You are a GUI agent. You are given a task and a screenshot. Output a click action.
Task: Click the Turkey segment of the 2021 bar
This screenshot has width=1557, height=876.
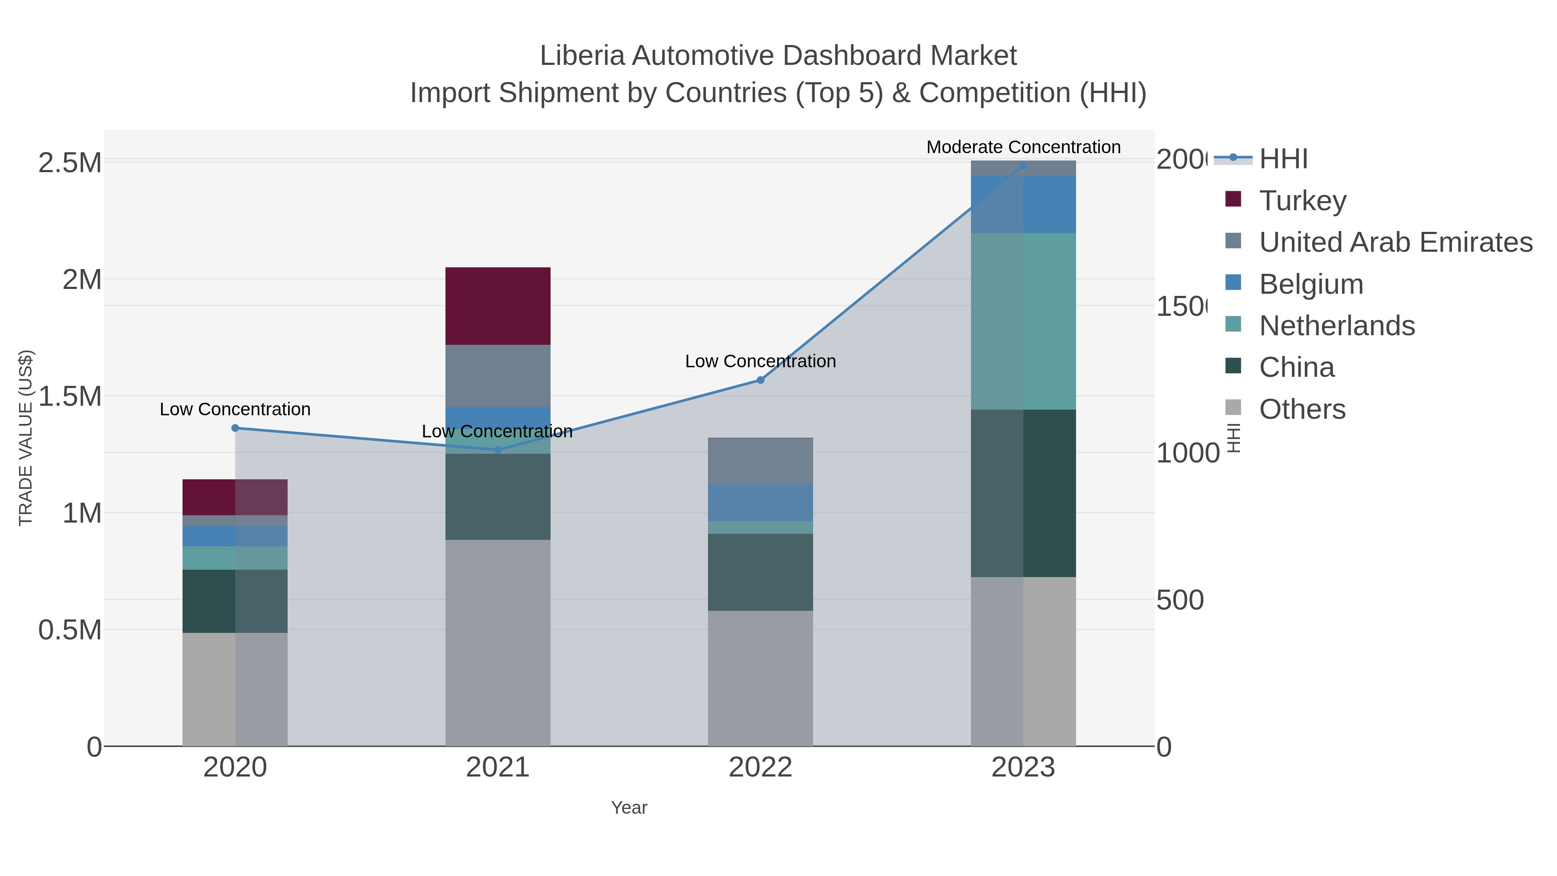click(x=497, y=306)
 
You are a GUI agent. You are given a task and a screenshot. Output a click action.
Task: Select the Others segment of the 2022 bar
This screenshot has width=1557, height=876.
click(x=760, y=678)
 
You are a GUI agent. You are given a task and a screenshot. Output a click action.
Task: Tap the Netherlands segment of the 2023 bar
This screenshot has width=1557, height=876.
click(x=1023, y=321)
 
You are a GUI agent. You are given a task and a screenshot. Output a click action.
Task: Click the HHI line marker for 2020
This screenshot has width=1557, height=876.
click(x=235, y=428)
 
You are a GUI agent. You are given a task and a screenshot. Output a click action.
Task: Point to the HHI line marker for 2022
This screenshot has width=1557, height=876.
click(x=760, y=380)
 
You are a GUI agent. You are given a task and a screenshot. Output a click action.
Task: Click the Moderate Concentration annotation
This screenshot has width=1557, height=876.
click(x=1023, y=147)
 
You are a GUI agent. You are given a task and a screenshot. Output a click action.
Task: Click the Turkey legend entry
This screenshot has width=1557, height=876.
click(x=1303, y=200)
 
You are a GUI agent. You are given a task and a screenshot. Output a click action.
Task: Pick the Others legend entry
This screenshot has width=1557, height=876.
click(x=1302, y=409)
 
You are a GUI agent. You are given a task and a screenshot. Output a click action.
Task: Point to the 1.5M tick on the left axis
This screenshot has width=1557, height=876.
click(x=70, y=397)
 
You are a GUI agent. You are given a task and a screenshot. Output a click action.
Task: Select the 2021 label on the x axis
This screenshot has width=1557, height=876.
click(x=497, y=767)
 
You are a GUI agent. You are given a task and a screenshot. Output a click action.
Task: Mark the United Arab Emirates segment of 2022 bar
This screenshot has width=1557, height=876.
click(x=760, y=461)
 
